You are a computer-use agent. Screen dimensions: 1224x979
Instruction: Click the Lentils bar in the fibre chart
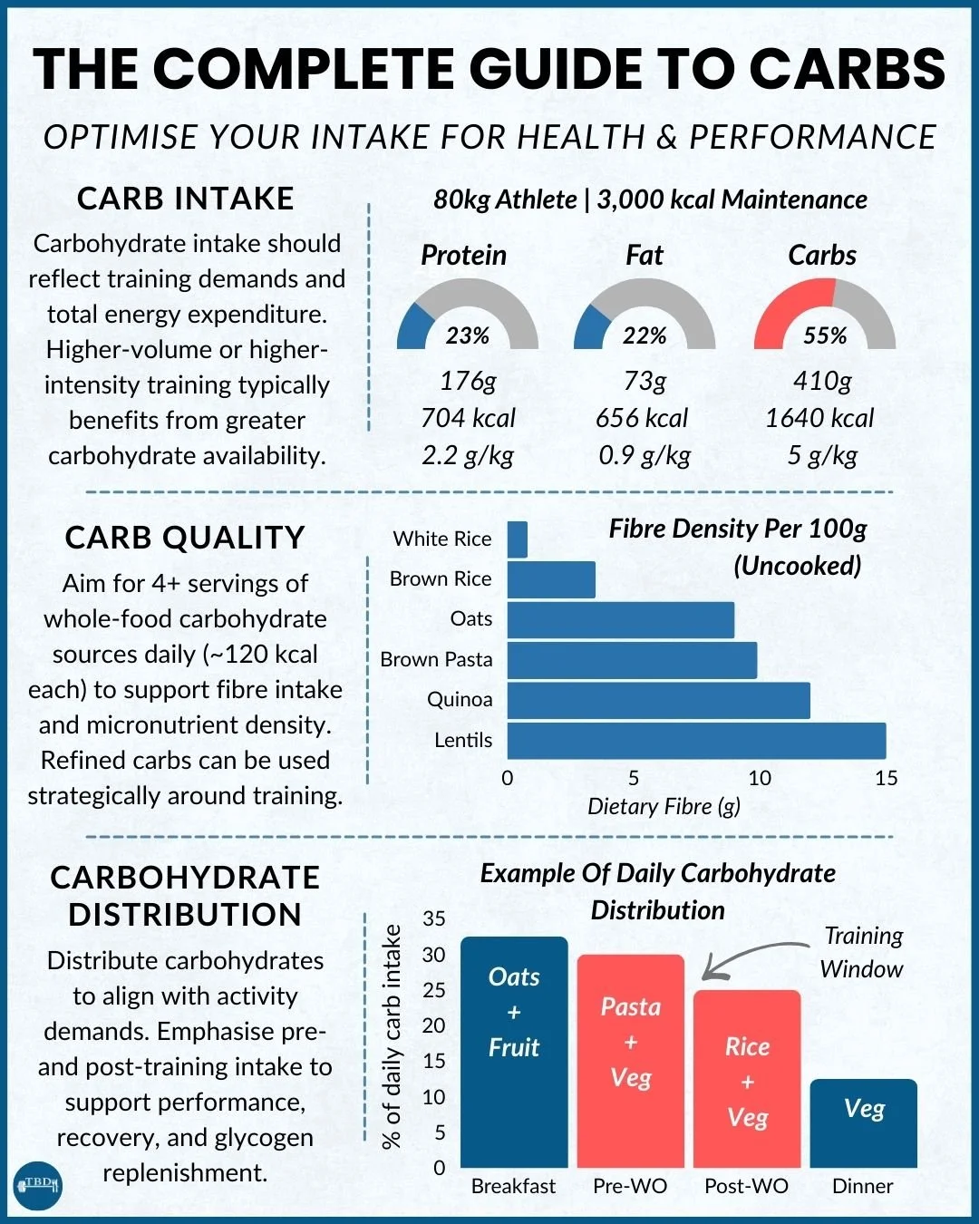[x=696, y=741]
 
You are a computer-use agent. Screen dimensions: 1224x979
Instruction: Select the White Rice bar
[x=518, y=539]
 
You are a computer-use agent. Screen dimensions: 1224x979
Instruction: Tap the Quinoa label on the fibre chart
[x=460, y=700]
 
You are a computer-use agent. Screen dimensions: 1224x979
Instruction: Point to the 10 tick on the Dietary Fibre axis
[x=760, y=778]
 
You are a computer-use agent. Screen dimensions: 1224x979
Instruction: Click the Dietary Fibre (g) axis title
[x=664, y=807]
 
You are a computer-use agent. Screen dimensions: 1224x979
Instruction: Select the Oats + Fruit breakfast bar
[x=514, y=1052]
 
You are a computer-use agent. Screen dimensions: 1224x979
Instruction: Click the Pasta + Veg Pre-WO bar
[x=631, y=1061]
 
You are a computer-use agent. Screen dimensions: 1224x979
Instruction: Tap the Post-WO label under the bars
[x=746, y=1186]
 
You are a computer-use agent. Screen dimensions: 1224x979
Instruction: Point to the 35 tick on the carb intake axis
[x=434, y=918]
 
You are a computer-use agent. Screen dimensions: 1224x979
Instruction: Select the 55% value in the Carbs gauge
[x=825, y=336]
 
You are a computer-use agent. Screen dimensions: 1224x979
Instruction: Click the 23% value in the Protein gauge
[x=468, y=336]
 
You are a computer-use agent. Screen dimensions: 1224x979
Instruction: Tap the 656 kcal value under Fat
[x=642, y=418]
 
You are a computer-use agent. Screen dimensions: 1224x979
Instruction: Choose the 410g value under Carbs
[x=822, y=381]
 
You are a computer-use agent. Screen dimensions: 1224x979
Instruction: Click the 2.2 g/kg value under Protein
[x=468, y=455]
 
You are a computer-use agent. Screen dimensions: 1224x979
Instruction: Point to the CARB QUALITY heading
[x=185, y=538]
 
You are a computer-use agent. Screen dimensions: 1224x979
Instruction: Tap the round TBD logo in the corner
[x=38, y=1184]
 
